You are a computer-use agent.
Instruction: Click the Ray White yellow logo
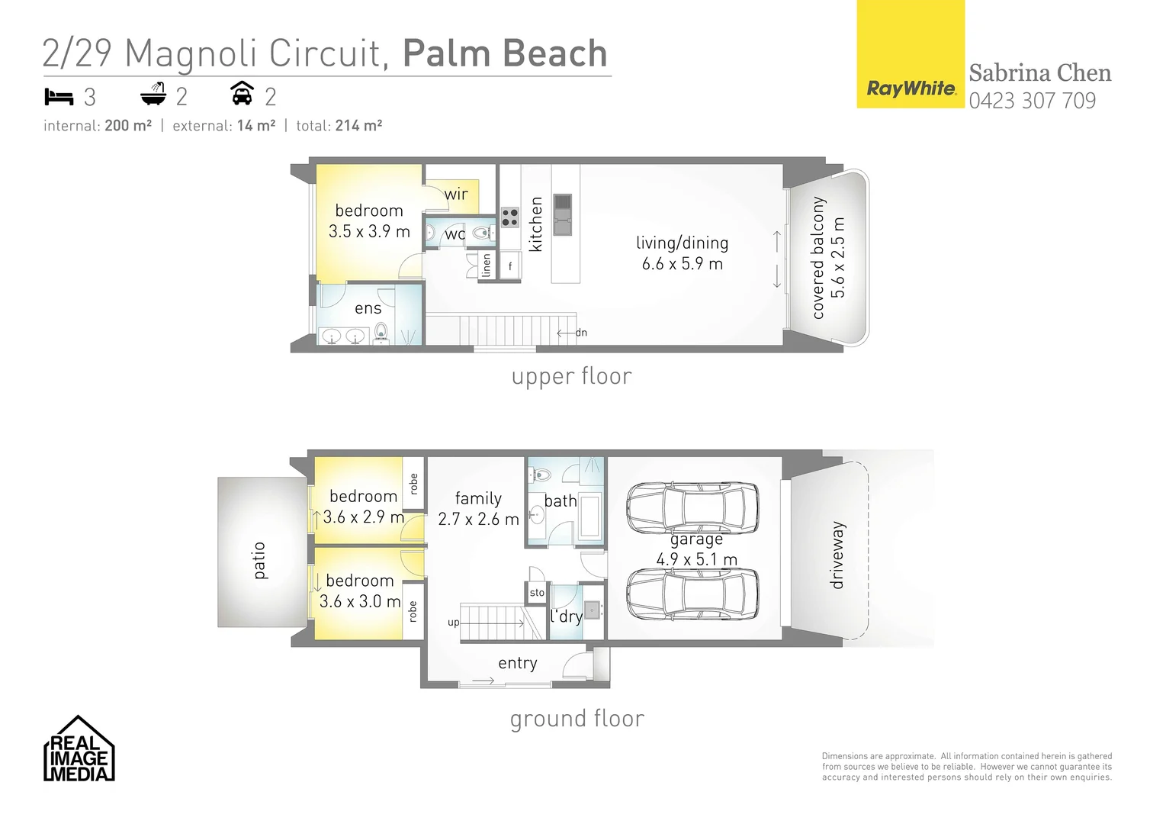[911, 55]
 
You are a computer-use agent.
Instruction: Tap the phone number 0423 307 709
[1032, 101]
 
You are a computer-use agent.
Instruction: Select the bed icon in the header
[59, 97]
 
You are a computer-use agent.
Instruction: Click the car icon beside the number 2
[242, 94]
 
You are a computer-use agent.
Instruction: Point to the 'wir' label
[456, 194]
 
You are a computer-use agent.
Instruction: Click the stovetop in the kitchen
[510, 217]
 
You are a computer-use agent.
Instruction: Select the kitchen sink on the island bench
[562, 214]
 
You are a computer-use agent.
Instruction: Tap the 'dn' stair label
[581, 333]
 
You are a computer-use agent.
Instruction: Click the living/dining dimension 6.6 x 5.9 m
[682, 264]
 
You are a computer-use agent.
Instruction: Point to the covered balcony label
[818, 257]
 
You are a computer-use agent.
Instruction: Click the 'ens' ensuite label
[368, 308]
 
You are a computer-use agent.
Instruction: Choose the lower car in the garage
[692, 595]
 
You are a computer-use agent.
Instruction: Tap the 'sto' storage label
[537, 593]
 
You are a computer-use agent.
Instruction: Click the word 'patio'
[259, 560]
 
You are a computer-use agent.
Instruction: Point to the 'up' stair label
[454, 623]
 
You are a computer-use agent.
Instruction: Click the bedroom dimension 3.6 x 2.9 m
[363, 517]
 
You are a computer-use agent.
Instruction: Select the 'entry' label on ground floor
[517, 663]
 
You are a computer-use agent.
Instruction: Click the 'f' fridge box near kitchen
[510, 266]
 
